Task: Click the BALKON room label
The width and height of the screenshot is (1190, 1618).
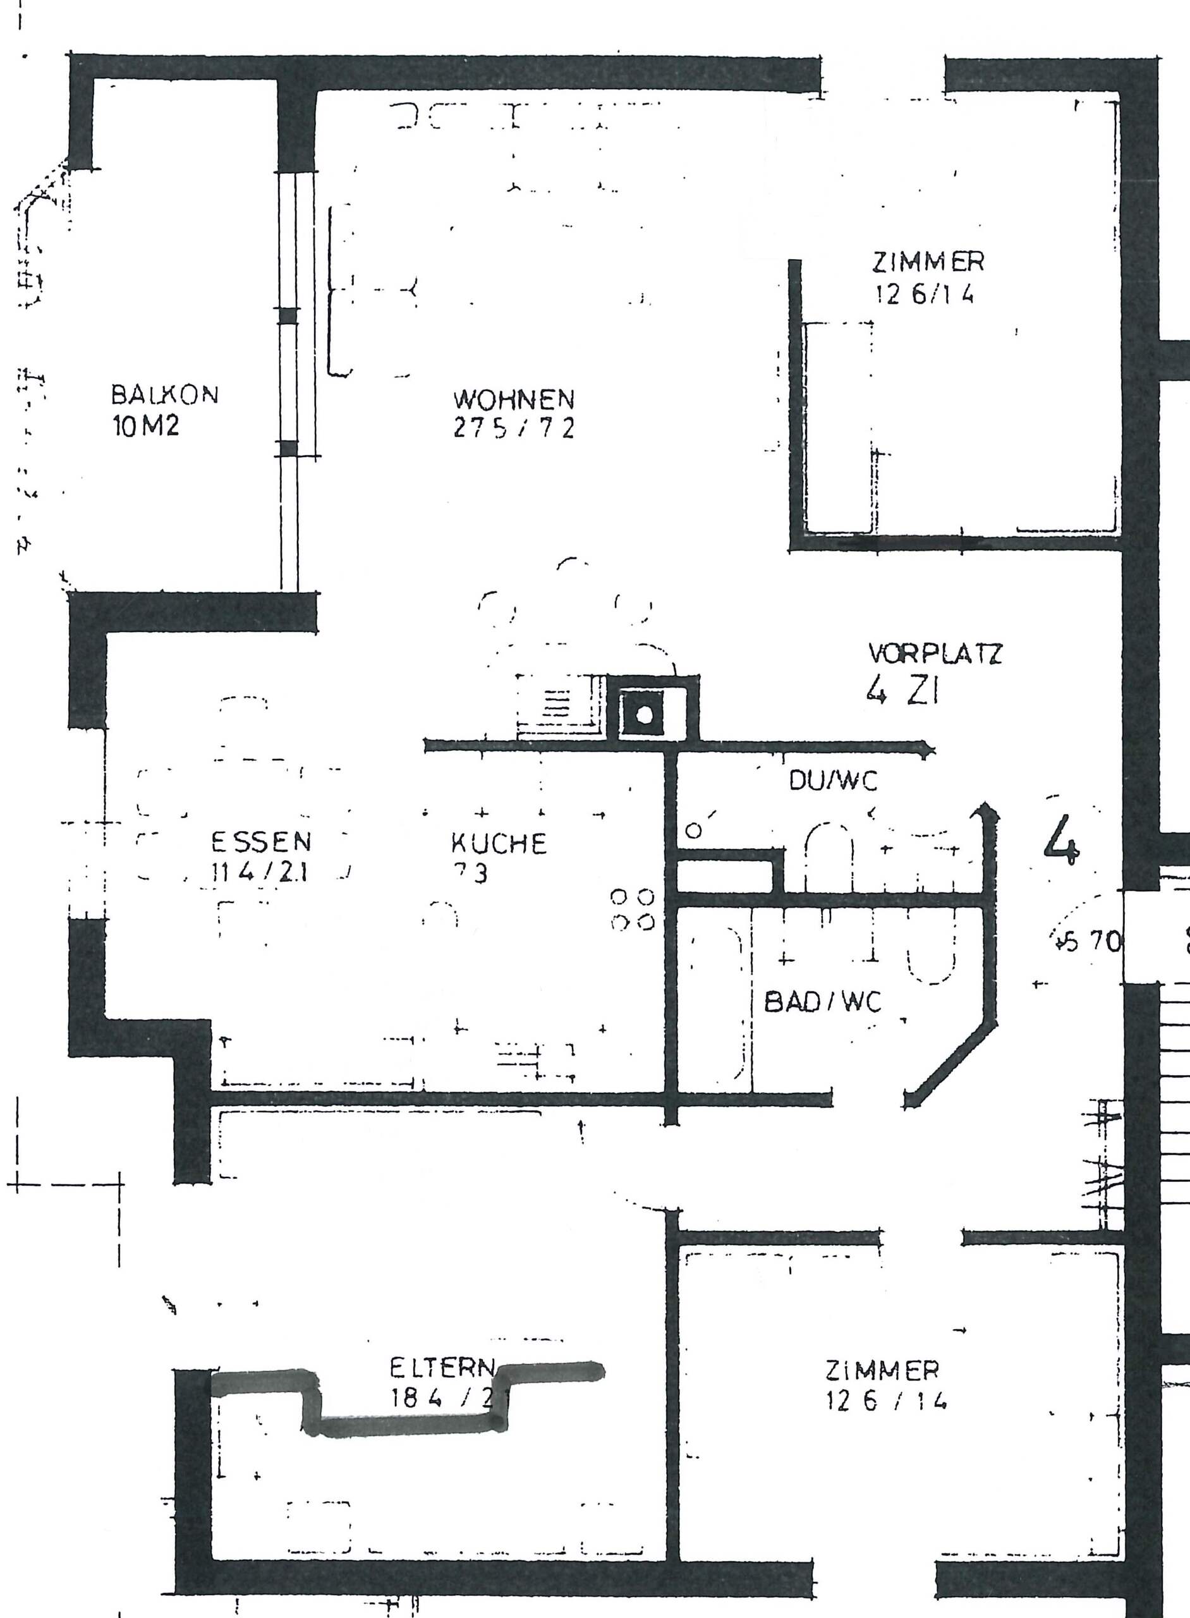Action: (164, 395)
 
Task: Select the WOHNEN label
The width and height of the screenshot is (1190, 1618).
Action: (514, 398)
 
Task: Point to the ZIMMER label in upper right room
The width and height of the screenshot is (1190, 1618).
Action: (928, 262)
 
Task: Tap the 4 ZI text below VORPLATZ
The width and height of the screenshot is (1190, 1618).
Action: (902, 692)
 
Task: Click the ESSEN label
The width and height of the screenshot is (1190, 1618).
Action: (261, 841)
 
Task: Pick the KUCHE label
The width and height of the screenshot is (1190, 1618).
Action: (499, 844)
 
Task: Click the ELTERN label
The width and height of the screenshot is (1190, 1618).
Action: (442, 1366)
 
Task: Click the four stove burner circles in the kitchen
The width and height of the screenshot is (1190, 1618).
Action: (633, 909)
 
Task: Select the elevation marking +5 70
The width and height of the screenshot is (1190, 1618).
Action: (1089, 942)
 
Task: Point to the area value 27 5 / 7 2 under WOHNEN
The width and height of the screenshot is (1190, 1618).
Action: (514, 429)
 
